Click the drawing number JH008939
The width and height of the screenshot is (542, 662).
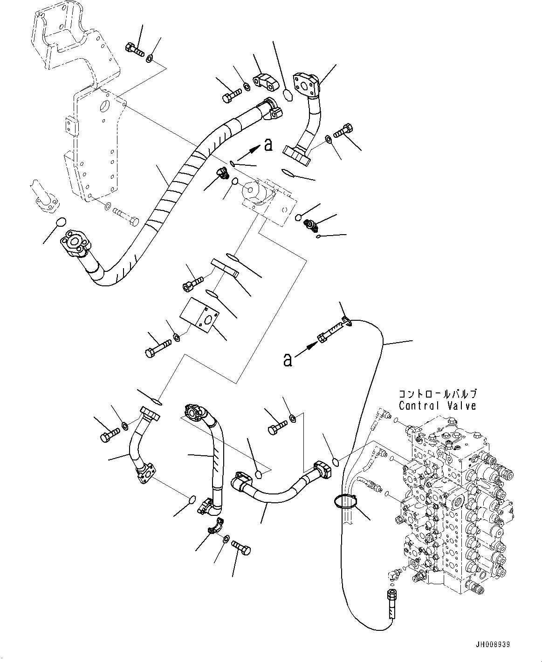493,645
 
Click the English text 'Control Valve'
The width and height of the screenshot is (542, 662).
437,405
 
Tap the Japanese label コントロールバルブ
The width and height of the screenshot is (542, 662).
437,394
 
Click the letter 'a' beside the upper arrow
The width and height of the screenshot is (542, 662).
268,145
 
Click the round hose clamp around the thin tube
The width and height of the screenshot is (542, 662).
345,501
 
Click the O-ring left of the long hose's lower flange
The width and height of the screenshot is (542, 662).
61,223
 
